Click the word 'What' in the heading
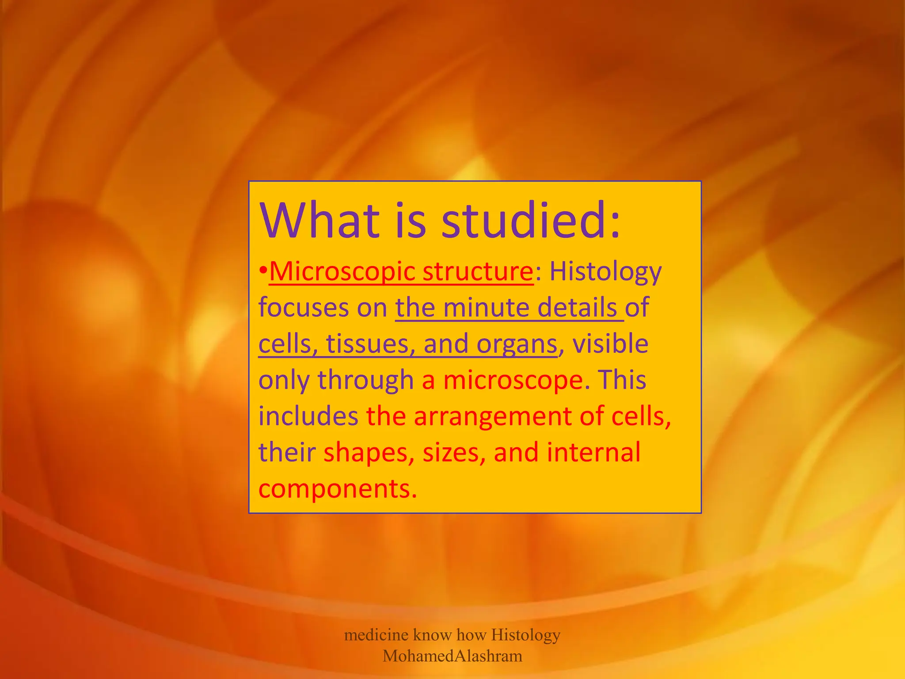(x=319, y=220)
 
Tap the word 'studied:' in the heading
(x=531, y=220)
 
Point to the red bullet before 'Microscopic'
(x=263, y=270)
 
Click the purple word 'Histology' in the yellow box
(x=605, y=272)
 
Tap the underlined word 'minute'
(x=486, y=307)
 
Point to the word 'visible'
(x=610, y=343)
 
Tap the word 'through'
(x=365, y=380)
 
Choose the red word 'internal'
(x=593, y=452)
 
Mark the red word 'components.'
(x=338, y=489)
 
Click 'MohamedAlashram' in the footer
(x=452, y=656)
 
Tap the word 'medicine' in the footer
(x=376, y=635)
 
